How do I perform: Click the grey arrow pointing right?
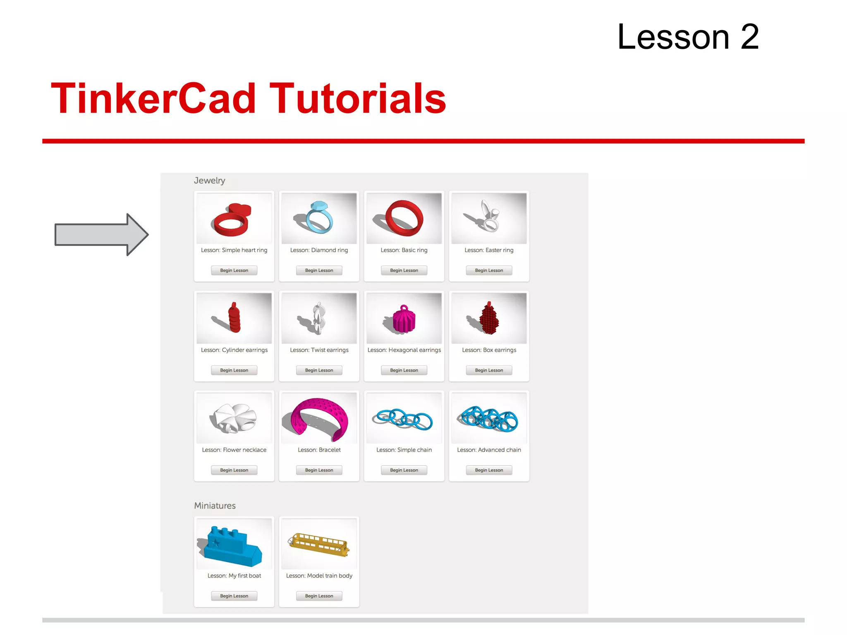coord(101,234)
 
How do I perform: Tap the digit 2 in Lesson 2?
coord(749,37)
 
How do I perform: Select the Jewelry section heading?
coord(210,181)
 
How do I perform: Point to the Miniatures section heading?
coord(215,506)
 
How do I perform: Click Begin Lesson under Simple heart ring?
coord(234,270)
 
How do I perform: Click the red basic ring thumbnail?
coord(404,218)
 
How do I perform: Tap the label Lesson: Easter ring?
coord(489,250)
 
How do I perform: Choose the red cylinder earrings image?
coord(234,318)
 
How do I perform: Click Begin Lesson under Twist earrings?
coord(319,370)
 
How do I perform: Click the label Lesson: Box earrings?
coord(489,350)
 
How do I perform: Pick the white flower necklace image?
coord(234,418)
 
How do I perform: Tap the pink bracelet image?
coord(319,418)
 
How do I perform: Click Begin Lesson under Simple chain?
coord(404,470)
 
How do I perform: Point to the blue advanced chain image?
coord(489,418)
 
